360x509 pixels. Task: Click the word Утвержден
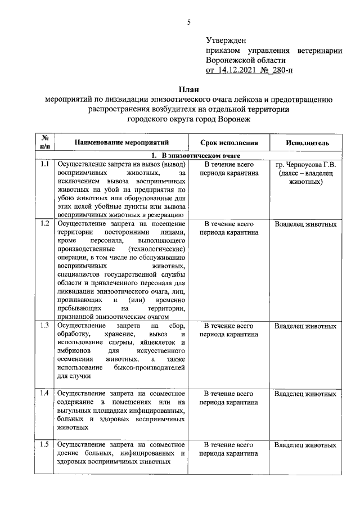click(x=227, y=40)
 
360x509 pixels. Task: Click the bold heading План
click(x=188, y=89)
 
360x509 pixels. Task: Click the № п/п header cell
click(x=44, y=143)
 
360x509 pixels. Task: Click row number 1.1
click(x=44, y=164)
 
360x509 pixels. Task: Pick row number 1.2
click(x=44, y=224)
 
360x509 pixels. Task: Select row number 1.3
click(x=44, y=326)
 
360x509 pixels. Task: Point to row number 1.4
click(x=44, y=393)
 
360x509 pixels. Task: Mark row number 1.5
click(x=44, y=445)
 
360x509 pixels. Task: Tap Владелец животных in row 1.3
click(x=305, y=326)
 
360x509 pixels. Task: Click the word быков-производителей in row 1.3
click(x=153, y=367)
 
